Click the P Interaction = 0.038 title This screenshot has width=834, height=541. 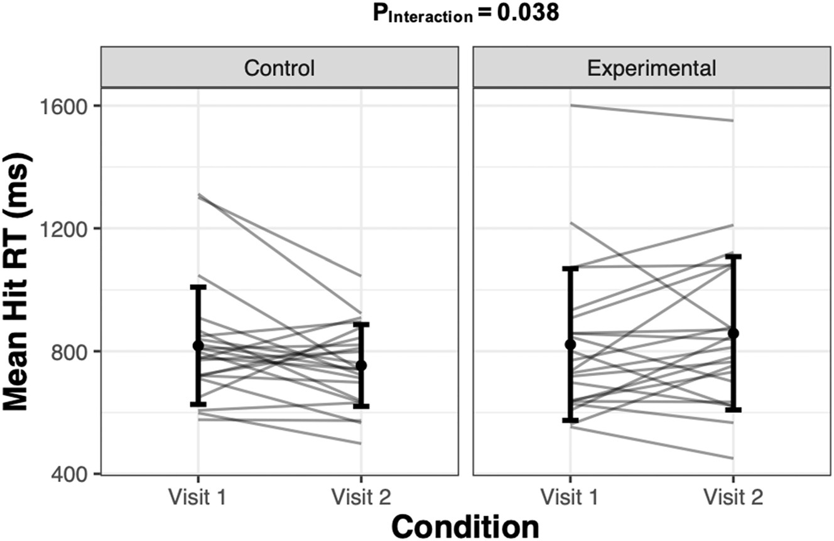coord(465,14)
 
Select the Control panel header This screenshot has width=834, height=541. coord(279,68)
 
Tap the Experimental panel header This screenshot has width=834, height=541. coord(651,68)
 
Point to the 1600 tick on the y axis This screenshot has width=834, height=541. coord(67,105)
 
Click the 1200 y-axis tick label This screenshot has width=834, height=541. coord(67,228)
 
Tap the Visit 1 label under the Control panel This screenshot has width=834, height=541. coord(198,498)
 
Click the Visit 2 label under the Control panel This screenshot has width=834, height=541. coord(360,498)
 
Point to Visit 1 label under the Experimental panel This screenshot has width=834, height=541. coord(570,498)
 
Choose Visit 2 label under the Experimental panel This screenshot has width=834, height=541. coord(733,498)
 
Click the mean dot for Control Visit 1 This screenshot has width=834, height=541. coord(198,346)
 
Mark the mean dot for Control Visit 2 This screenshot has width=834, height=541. coord(361,365)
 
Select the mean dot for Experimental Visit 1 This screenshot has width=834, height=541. coord(570,345)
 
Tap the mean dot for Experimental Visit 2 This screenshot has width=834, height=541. coord(733,333)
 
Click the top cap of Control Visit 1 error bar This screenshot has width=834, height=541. coord(198,287)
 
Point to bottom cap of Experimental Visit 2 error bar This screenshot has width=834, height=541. coord(733,409)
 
